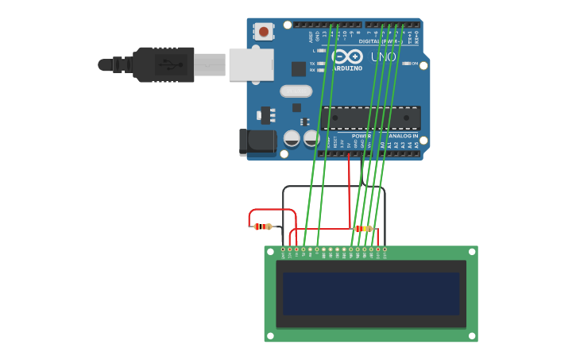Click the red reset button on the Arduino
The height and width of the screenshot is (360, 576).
(263, 32)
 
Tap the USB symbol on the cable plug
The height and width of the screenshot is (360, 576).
(166, 64)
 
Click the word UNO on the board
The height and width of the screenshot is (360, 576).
(383, 56)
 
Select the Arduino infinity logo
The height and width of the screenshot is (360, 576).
(347, 56)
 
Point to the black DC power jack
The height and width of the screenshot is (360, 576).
(256, 142)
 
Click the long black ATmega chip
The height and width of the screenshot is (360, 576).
(371, 118)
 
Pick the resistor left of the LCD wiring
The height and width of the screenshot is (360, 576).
(263, 226)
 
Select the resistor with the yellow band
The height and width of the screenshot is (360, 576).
(363, 229)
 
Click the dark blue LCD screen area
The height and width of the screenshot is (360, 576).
(371, 292)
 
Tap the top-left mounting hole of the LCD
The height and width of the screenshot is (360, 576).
(271, 252)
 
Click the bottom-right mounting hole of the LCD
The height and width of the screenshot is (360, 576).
(471, 335)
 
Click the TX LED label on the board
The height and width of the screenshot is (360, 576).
(312, 63)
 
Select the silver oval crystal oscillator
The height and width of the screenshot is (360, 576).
(296, 91)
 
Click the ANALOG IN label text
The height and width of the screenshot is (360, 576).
(403, 136)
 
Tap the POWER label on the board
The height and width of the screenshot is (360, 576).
(361, 136)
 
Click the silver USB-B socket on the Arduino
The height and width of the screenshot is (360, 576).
(251, 64)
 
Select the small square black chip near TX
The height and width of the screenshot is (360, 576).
(299, 69)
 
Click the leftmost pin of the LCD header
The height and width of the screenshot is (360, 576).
(283, 250)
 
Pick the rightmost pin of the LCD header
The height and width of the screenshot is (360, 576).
(385, 250)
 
